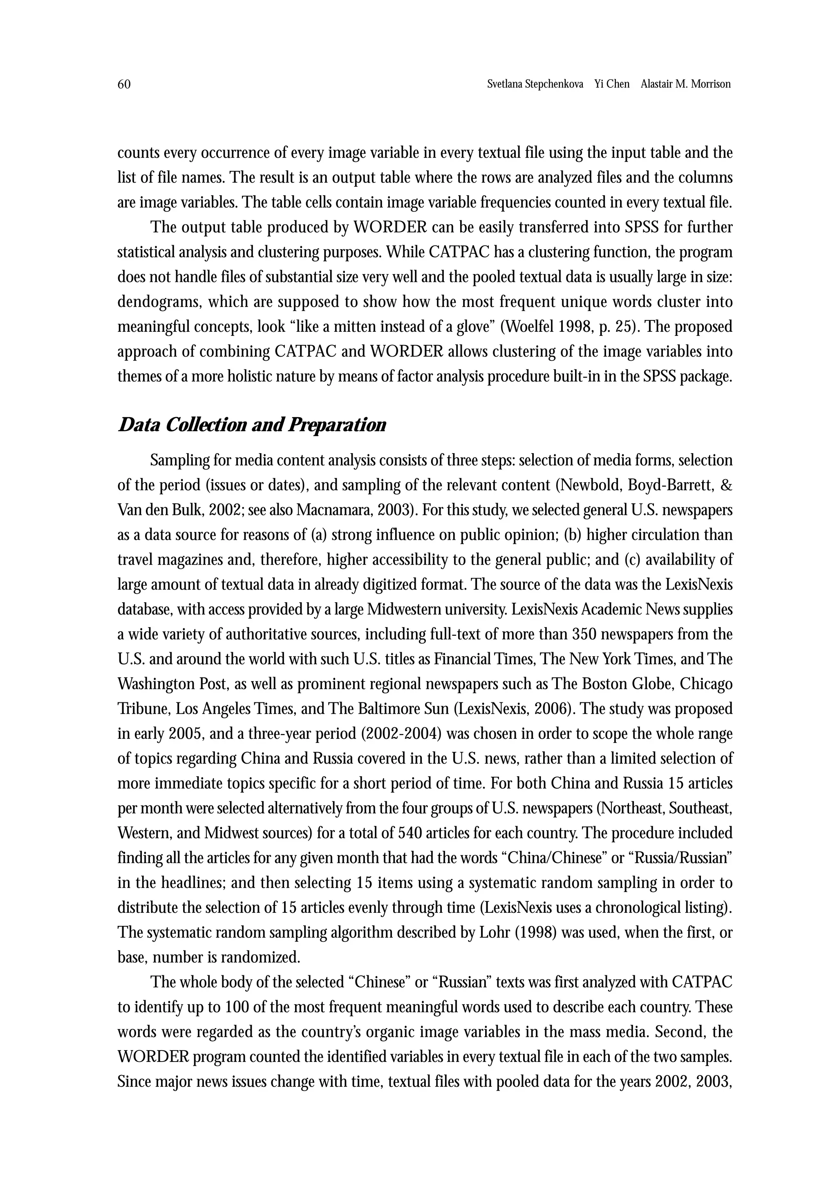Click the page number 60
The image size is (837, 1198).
(124, 85)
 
